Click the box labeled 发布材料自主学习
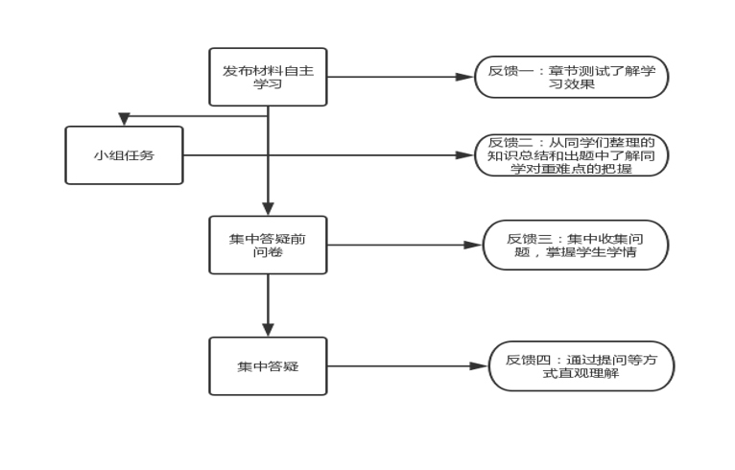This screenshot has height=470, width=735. pos(268,77)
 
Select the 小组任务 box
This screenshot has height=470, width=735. pos(124,155)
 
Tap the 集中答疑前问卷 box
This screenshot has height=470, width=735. pos(268,245)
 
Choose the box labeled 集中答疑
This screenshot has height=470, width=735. pos(268,366)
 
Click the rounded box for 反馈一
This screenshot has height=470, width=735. pos(571,77)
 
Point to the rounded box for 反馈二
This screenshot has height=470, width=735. pos(571,155)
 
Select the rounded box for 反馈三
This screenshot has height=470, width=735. pos(574,245)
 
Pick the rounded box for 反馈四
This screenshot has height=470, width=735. pos(581,366)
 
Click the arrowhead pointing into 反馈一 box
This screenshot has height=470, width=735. pos(467,77)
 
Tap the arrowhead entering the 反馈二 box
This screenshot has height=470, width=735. pos(467,155)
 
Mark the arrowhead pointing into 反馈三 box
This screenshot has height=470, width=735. pos(473,245)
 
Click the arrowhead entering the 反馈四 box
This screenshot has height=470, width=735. pos(481,366)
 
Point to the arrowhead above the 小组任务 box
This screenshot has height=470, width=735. pos(124,119)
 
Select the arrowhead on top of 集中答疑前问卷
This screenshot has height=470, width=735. pos(268,209)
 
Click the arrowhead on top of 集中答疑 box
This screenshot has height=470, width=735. pos(268,331)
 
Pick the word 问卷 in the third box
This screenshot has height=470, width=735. pos(268,252)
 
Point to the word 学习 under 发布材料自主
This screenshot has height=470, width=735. pos(268,84)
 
